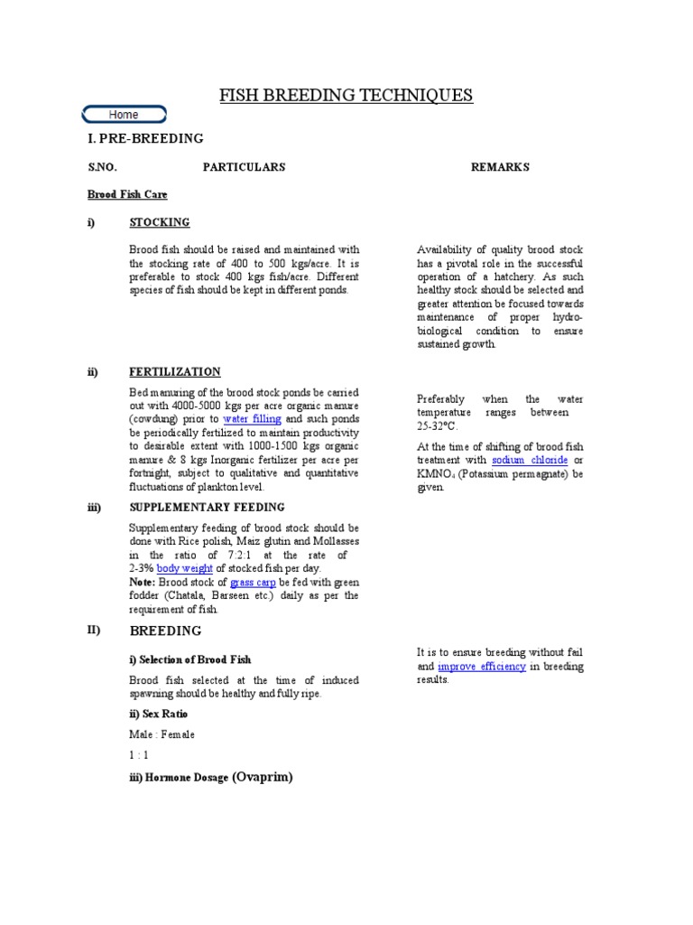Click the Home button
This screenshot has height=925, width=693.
click(x=124, y=115)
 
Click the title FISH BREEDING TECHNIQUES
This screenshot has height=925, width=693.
click(x=346, y=96)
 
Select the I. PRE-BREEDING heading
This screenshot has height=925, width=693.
click(x=145, y=138)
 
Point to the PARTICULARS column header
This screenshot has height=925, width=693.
click(x=244, y=167)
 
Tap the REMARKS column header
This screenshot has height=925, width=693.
click(x=500, y=167)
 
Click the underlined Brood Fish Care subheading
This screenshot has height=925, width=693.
click(x=127, y=194)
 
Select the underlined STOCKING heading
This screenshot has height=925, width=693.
click(x=160, y=222)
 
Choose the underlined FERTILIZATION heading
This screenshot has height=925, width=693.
click(x=175, y=372)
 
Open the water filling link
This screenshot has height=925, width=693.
click(x=253, y=419)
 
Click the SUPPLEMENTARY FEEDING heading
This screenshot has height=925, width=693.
click(x=207, y=508)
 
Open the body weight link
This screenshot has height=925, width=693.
click(x=185, y=568)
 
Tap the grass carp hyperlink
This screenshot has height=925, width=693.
click(x=254, y=583)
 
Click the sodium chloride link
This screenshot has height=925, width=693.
click(x=530, y=460)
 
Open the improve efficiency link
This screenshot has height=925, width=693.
click(x=483, y=666)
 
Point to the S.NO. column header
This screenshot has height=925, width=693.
click(x=103, y=167)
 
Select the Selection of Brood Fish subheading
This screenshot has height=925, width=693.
click(x=189, y=660)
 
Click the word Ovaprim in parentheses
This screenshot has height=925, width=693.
click(x=263, y=776)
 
